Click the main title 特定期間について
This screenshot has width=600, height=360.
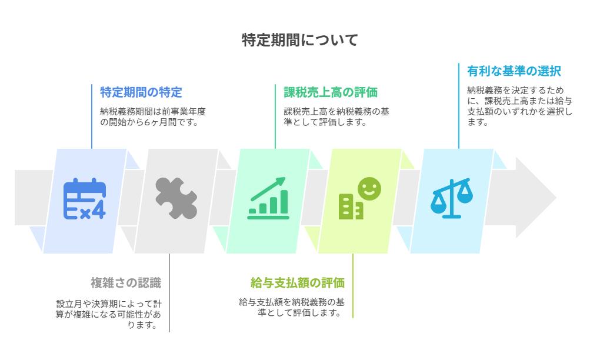(x=299, y=40)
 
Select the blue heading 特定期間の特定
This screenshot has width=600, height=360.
(x=141, y=92)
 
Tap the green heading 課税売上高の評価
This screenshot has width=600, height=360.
(x=331, y=92)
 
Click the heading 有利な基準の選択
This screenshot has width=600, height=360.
(x=514, y=71)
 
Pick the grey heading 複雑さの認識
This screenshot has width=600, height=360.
(x=126, y=283)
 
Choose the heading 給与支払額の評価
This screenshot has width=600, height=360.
(x=297, y=283)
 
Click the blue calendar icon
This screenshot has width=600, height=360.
(x=85, y=199)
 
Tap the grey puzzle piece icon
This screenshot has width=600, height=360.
(x=176, y=198)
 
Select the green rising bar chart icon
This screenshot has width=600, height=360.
(x=268, y=198)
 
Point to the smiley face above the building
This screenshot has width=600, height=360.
(x=369, y=189)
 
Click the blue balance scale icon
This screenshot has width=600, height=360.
(x=452, y=198)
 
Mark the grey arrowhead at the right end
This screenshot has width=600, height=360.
(x=536, y=198)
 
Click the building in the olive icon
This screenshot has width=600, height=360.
(x=351, y=206)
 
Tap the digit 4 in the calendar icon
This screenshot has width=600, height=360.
(x=99, y=209)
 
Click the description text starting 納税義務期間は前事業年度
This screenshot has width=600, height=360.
(x=153, y=116)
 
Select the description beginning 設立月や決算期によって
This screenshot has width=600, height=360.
(x=108, y=315)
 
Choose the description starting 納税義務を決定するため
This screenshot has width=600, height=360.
(x=519, y=106)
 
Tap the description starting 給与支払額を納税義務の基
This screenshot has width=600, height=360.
(x=292, y=307)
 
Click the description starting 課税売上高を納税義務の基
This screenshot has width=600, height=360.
(x=336, y=116)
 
